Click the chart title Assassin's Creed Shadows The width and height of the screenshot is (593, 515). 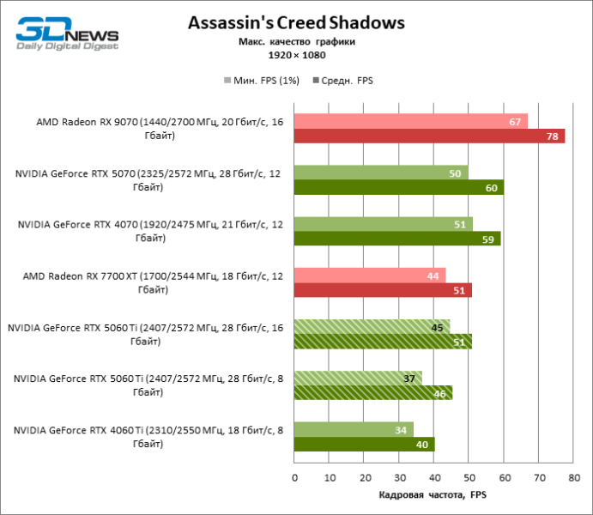point(297,23)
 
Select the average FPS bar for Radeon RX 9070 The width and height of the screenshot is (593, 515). point(429,136)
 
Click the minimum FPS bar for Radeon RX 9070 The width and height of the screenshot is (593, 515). point(410,122)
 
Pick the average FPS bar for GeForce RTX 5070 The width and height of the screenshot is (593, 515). point(398,188)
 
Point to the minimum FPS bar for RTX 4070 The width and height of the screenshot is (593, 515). point(383,224)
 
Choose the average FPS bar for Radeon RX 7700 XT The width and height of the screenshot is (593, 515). point(383,290)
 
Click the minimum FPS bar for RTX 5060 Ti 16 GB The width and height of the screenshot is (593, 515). point(372,326)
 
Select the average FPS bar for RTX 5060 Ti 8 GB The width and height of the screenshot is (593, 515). point(372,393)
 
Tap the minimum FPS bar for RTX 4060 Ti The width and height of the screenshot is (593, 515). point(354,429)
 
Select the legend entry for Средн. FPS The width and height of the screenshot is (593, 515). point(347,81)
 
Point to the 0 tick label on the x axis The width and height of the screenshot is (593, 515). point(294,477)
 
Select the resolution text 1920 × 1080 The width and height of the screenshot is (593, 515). point(297,55)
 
